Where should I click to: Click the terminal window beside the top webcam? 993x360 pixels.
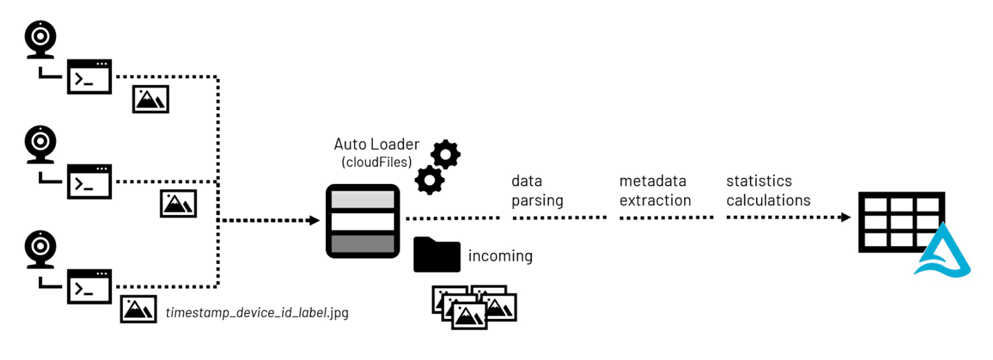(89, 77)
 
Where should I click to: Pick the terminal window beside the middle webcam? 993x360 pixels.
(89, 182)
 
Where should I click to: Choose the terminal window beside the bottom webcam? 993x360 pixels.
(89, 287)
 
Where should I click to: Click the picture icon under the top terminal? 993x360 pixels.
(151, 99)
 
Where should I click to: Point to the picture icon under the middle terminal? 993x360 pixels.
(178, 204)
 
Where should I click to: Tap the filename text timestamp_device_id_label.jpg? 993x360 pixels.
(257, 313)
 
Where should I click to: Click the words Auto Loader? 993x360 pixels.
(376, 144)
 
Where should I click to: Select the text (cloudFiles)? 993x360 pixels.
(376, 162)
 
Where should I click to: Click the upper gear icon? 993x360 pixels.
(445, 154)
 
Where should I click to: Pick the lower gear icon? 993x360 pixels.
(430, 180)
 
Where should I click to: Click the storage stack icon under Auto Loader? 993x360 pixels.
(363, 221)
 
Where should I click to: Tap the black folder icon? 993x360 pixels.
(437, 255)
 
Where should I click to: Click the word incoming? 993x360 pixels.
(500, 256)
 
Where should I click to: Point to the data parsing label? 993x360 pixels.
(537, 190)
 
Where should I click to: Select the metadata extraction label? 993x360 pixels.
(655, 190)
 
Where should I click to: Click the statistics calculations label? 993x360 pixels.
(768, 190)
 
